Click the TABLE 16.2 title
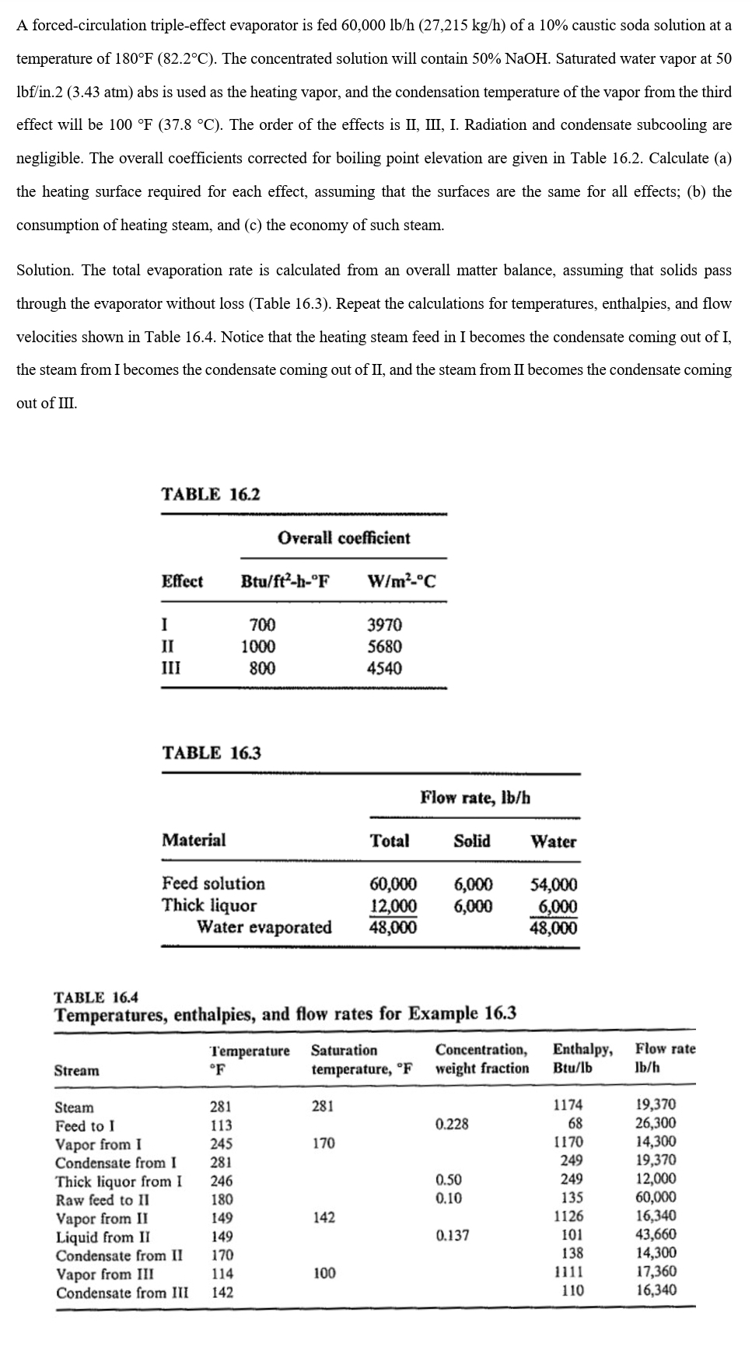(x=211, y=495)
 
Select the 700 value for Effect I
(x=262, y=625)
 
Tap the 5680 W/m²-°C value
(x=384, y=646)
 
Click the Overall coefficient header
(x=344, y=538)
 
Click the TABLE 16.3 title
(x=211, y=753)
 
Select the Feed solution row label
(x=213, y=883)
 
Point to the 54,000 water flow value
(x=554, y=884)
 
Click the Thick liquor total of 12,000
(x=393, y=906)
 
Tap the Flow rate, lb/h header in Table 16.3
(x=475, y=797)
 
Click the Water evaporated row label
(x=264, y=927)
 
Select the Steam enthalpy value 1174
(x=568, y=1104)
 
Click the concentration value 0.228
(x=452, y=1124)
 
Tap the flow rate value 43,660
(x=656, y=1234)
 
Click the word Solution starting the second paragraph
(x=44, y=271)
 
